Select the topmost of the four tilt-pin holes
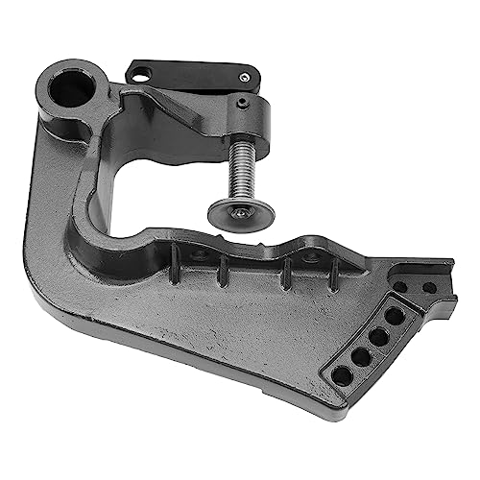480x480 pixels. [x=395, y=315]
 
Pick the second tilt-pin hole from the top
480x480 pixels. [x=378, y=336]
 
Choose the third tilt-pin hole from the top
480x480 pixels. [x=361, y=355]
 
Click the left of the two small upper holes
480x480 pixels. [x=400, y=286]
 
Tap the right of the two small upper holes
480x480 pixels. [x=428, y=287]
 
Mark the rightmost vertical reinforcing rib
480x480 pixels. [x=331, y=277]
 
